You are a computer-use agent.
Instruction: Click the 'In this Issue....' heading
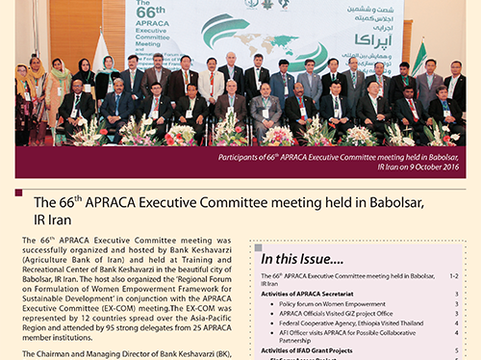pos(304,258)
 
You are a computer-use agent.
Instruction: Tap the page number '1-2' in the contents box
pos(453,275)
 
